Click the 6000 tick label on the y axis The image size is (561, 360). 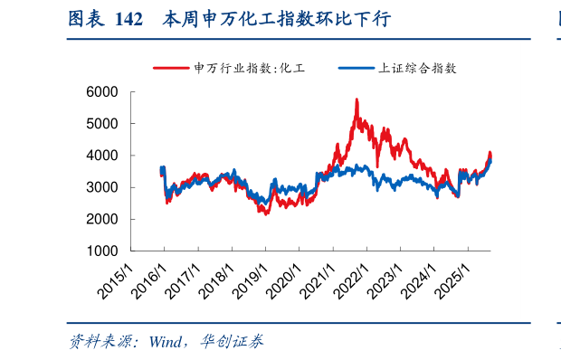click(x=103, y=91)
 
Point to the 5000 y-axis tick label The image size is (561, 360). click(x=103, y=123)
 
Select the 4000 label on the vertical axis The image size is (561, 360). click(x=103, y=156)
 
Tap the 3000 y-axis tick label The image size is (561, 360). click(x=103, y=187)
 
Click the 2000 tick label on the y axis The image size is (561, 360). click(x=103, y=219)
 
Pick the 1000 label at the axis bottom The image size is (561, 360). click(x=103, y=251)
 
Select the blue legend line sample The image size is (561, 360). click(x=355, y=68)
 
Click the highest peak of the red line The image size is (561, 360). click(x=357, y=99)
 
